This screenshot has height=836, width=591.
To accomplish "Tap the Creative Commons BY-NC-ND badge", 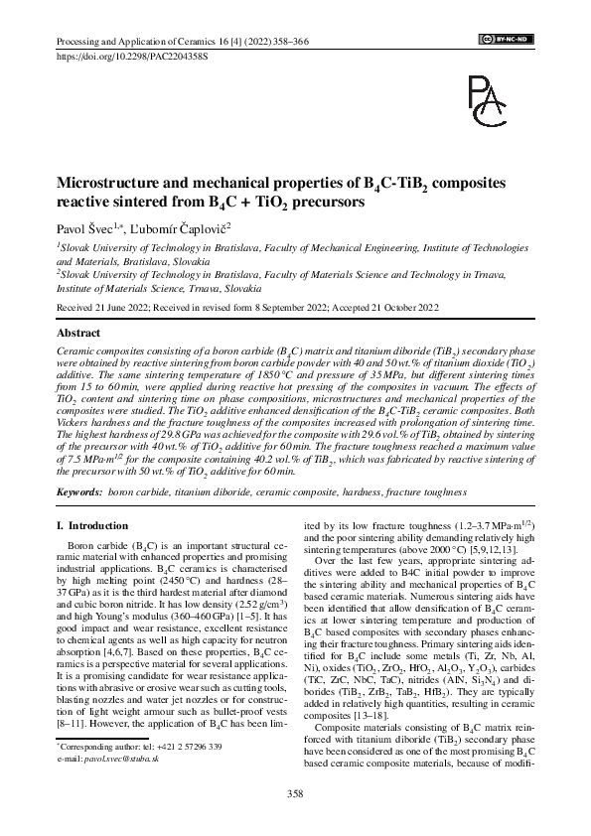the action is click(507, 39).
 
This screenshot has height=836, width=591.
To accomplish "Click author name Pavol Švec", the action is click(83, 227).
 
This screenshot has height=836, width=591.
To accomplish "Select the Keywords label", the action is click(78, 491).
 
